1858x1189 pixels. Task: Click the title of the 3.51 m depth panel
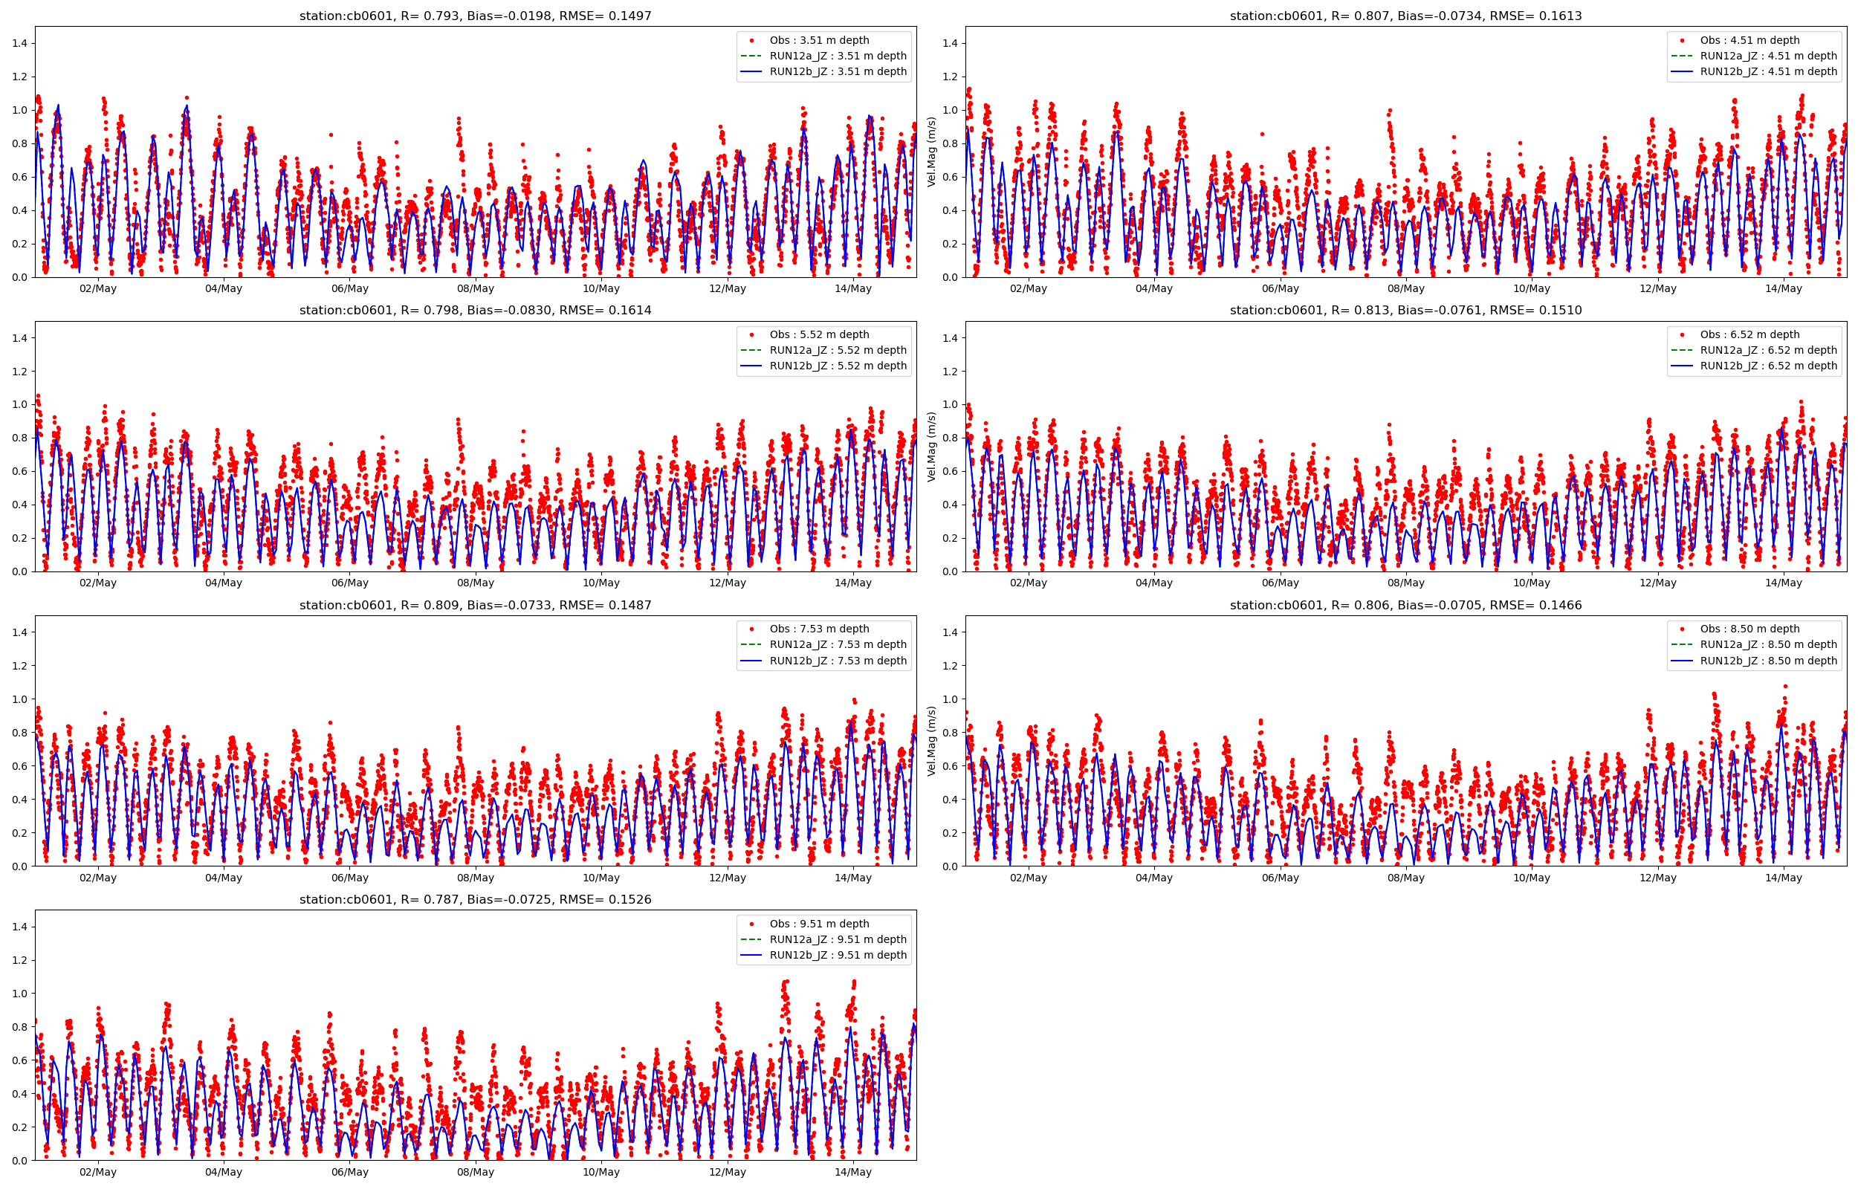pyautogui.click(x=476, y=16)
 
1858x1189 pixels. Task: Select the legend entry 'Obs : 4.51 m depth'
pyautogui.click(x=1749, y=40)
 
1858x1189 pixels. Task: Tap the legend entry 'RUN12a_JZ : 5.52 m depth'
pyautogui.click(x=838, y=351)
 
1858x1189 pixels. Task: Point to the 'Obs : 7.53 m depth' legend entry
pyautogui.click(x=819, y=629)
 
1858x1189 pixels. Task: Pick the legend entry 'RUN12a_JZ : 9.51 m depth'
pyautogui.click(x=838, y=939)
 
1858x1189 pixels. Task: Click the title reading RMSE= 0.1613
pyautogui.click(x=1405, y=16)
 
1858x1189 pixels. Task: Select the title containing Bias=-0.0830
pyautogui.click(x=476, y=311)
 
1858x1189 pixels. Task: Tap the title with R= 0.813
pyautogui.click(x=1405, y=311)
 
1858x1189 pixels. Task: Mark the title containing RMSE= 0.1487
pyautogui.click(x=476, y=606)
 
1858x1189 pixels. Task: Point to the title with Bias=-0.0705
pyautogui.click(x=1405, y=606)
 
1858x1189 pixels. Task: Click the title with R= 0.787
pyautogui.click(x=476, y=899)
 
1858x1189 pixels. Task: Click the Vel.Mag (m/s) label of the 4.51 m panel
pyautogui.click(x=932, y=152)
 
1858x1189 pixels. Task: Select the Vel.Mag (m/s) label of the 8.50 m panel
pyautogui.click(x=932, y=741)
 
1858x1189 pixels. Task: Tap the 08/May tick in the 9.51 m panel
pyautogui.click(x=476, y=1172)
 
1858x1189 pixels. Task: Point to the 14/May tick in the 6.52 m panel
pyautogui.click(x=1783, y=583)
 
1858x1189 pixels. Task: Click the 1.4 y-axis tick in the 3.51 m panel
pyautogui.click(x=19, y=43)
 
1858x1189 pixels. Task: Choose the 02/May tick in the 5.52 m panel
pyautogui.click(x=98, y=583)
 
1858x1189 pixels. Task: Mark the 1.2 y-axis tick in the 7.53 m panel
pyautogui.click(x=19, y=666)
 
